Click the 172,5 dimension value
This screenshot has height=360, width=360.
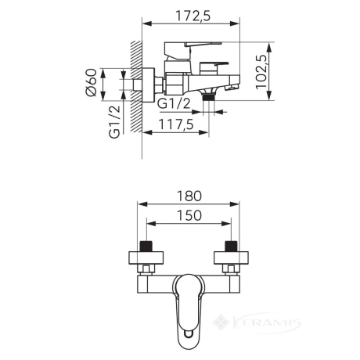193,16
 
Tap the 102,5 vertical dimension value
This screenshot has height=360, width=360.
261,72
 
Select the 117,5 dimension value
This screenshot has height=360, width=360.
176,124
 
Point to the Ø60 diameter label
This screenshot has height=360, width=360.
91,83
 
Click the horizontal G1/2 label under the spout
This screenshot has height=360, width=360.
174,104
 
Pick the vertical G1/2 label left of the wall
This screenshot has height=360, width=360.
114,122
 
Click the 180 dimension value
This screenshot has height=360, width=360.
189,196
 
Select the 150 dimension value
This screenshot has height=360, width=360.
189,215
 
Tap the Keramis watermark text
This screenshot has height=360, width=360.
266,323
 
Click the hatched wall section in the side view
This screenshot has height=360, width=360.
136,87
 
